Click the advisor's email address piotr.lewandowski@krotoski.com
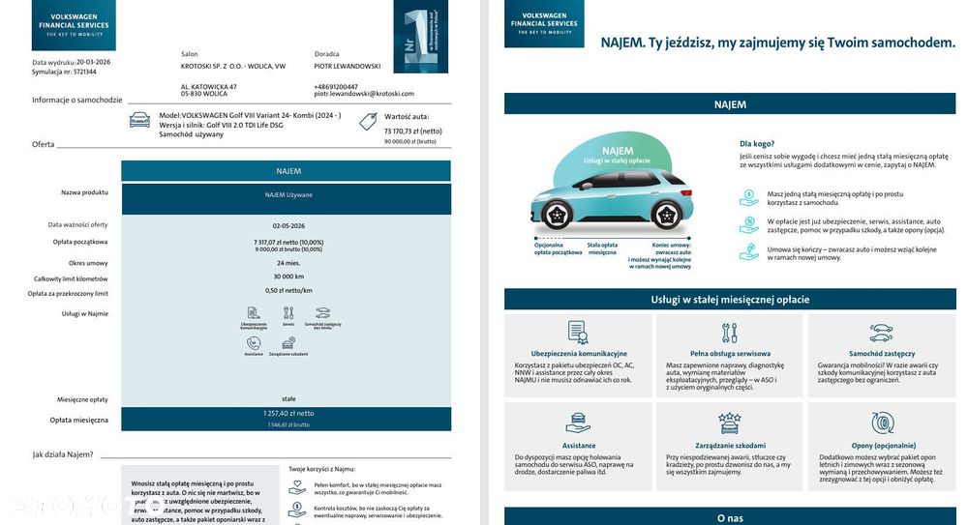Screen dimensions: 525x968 click(363, 94)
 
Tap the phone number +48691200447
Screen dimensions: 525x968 click(336, 86)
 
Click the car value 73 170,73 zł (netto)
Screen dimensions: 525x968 click(412, 131)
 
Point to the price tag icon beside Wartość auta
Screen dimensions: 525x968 click(368, 121)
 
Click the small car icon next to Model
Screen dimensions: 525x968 click(140, 119)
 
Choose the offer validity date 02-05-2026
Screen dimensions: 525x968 click(287, 224)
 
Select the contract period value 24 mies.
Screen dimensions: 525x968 click(287, 262)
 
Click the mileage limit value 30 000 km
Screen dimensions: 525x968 click(287, 277)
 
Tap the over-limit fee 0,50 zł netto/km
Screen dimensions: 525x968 click(287, 290)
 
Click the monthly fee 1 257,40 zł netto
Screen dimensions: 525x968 click(287, 413)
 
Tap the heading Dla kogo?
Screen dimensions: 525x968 click(757, 143)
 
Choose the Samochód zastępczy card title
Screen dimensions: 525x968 click(881, 354)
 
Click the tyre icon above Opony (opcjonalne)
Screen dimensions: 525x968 click(882, 423)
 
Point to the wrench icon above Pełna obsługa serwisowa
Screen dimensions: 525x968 click(729, 334)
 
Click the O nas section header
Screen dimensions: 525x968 click(730, 518)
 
